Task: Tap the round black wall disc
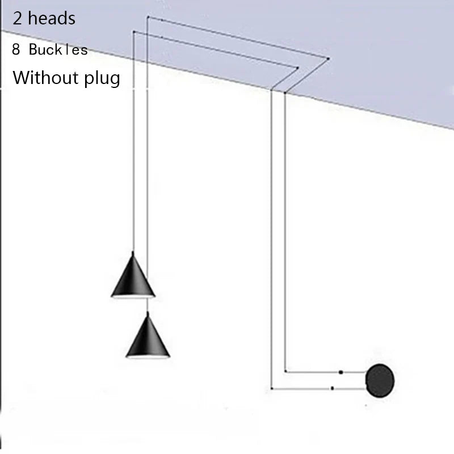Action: click(380, 379)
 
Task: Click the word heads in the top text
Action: click(52, 18)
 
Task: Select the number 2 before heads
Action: click(18, 18)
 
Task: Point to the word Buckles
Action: click(58, 50)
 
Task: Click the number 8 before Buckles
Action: click(16, 50)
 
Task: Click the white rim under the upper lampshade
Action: click(133, 296)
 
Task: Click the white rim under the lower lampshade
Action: click(148, 356)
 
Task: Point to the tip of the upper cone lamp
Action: click(133, 253)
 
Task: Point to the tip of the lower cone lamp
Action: click(148, 314)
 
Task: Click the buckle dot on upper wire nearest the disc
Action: click(340, 372)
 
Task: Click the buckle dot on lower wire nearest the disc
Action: click(332, 389)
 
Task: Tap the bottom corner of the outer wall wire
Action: click(272, 389)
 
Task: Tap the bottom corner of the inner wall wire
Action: click(284, 372)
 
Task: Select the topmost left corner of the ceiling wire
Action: click(148, 18)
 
